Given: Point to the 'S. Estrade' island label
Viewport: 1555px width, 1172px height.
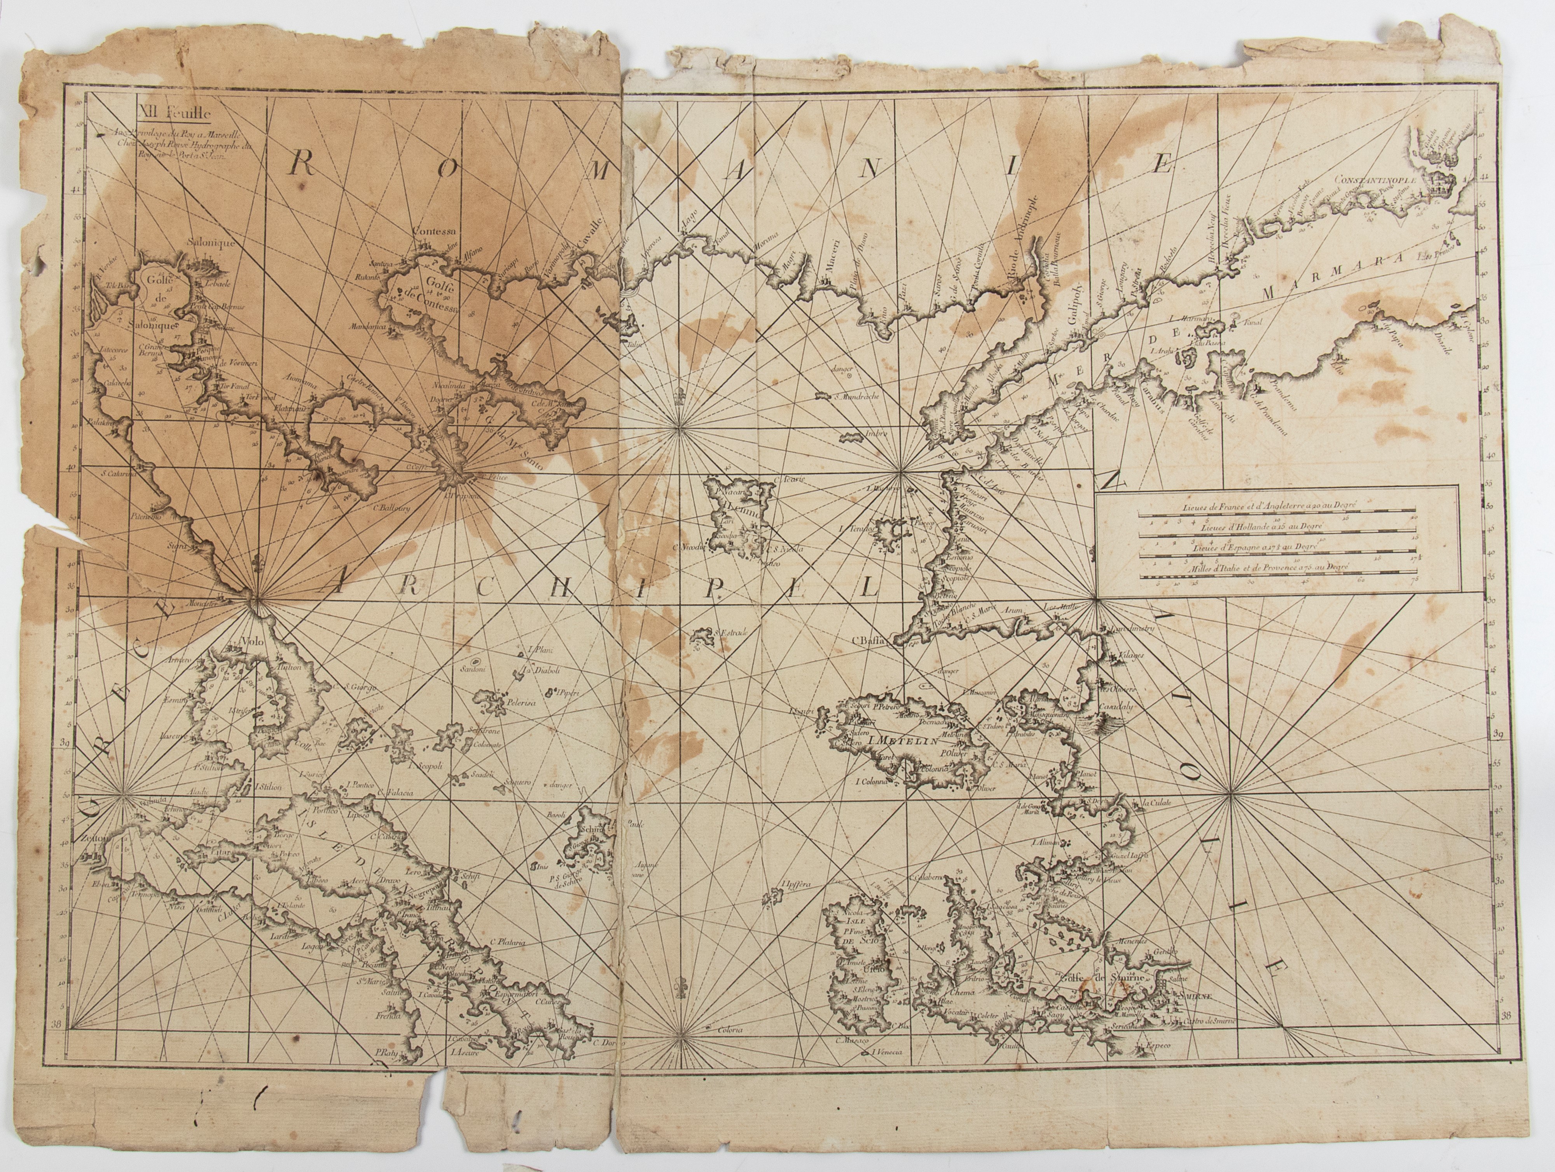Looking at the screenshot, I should coord(731,632).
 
